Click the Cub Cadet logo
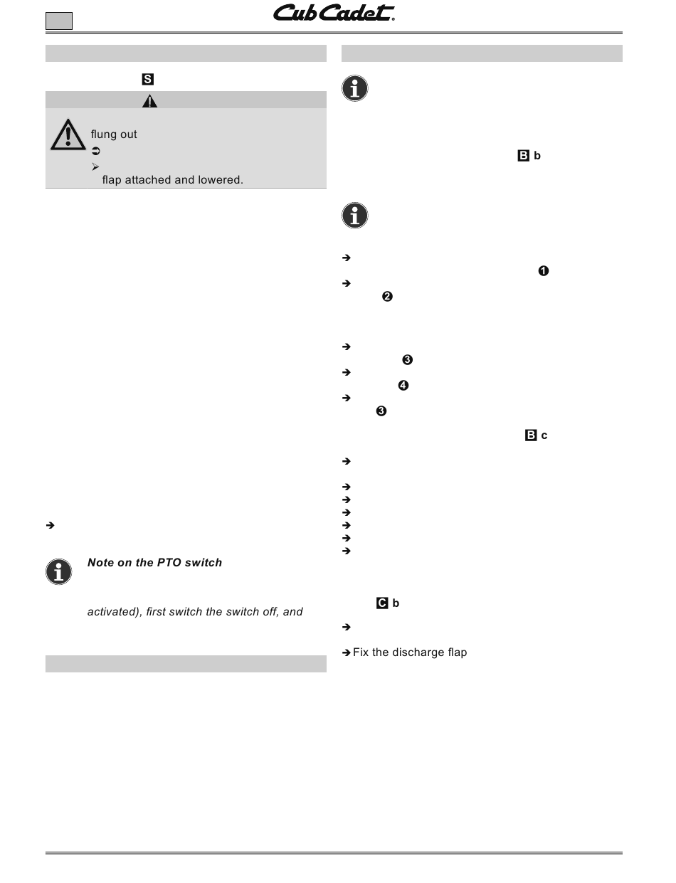[333, 14]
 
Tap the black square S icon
[148, 80]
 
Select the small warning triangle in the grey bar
[149, 100]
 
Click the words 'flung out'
[114, 134]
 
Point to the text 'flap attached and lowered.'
[173, 180]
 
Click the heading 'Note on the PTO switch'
[154, 563]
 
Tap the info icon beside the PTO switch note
[59, 571]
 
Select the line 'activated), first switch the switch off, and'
[195, 611]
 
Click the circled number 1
[544, 270]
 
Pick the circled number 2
[388, 297]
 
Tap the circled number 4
[403, 386]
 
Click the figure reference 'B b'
[529, 156]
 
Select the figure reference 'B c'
[536, 435]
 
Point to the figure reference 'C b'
[388, 603]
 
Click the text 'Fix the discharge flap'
[410, 652]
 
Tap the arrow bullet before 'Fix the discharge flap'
[347, 652]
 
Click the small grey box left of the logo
[59, 21]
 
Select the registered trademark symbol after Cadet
[394, 20]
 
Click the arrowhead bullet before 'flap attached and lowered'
[95, 166]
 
